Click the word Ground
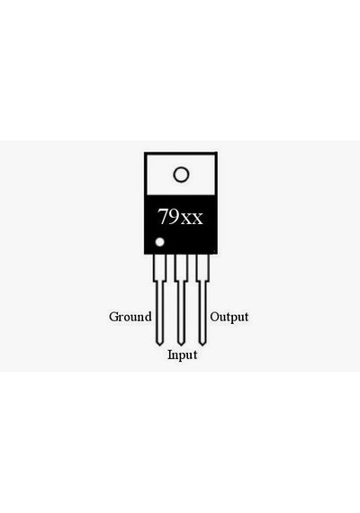pyautogui.click(x=130, y=317)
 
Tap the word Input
pyautogui.click(x=183, y=355)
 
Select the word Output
pyautogui.click(x=229, y=317)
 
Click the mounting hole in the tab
pyautogui.click(x=181, y=175)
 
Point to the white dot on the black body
pyautogui.click(x=159, y=242)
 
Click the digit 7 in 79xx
pyautogui.click(x=163, y=216)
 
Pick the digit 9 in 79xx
pyautogui.click(x=175, y=216)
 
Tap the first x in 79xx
pyautogui.click(x=186, y=219)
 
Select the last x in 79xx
pyautogui.click(x=197, y=219)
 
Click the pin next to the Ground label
pyautogui.click(x=159, y=300)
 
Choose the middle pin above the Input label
pyautogui.click(x=181, y=300)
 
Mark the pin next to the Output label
pyautogui.click(x=202, y=300)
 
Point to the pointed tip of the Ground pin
pyautogui.click(x=159, y=346)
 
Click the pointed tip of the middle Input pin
pyautogui.click(x=181, y=346)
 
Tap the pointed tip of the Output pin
pyautogui.click(x=202, y=346)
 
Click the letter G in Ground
pyautogui.click(x=113, y=317)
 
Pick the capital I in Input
pyautogui.click(x=170, y=355)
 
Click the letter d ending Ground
pyautogui.click(x=148, y=317)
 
